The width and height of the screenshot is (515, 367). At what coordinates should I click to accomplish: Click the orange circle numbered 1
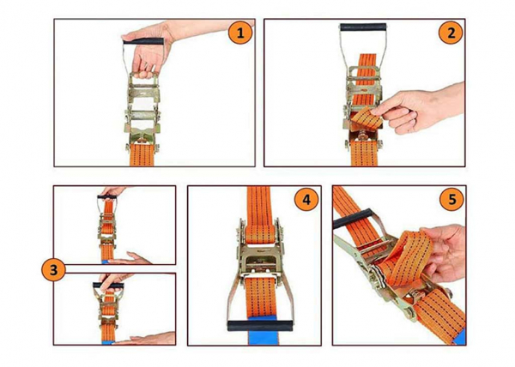(240, 33)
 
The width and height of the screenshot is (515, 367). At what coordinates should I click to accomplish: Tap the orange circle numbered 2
(451, 33)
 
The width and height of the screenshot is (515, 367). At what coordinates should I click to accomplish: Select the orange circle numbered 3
(53, 270)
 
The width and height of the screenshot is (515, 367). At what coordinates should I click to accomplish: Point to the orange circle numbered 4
(306, 199)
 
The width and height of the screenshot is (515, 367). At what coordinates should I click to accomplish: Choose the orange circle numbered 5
(452, 199)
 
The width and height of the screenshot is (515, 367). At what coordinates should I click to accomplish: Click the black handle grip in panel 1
(143, 41)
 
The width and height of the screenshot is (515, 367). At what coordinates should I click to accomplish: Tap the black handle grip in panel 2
(363, 27)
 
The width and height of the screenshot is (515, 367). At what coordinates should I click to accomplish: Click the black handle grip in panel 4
(261, 326)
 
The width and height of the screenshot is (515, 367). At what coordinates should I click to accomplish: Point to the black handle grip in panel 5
(351, 219)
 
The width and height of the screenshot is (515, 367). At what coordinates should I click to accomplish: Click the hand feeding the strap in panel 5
(444, 253)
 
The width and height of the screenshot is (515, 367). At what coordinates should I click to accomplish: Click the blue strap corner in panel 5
(460, 336)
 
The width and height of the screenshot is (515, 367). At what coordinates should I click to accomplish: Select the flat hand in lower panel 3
(144, 339)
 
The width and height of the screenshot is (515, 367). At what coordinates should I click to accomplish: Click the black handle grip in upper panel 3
(107, 197)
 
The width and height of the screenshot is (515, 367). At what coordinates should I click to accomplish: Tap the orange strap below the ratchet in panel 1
(142, 155)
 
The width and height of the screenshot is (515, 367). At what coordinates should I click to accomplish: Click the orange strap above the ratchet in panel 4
(259, 214)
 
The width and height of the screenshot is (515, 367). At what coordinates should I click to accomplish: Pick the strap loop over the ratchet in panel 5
(410, 259)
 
